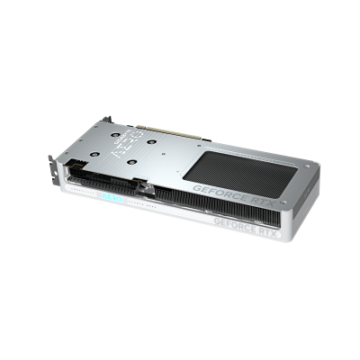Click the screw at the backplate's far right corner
306,167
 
